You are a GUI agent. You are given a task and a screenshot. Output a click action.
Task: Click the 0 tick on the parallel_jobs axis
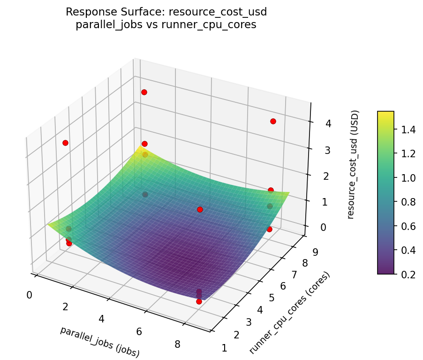tap(30, 295)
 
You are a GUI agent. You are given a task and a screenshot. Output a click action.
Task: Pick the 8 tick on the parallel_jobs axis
tap(177, 344)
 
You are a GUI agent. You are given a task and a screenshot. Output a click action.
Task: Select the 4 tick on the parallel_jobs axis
tap(101, 319)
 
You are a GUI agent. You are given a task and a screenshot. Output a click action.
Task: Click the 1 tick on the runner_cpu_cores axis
tap(224, 348)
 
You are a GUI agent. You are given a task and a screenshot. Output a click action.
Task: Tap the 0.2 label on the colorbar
tap(407, 274)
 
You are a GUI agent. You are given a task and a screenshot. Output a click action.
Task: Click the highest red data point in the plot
tap(144, 92)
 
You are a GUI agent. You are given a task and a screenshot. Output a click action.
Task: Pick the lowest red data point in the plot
tap(199, 301)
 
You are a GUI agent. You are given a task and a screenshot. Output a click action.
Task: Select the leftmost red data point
tap(65, 143)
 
